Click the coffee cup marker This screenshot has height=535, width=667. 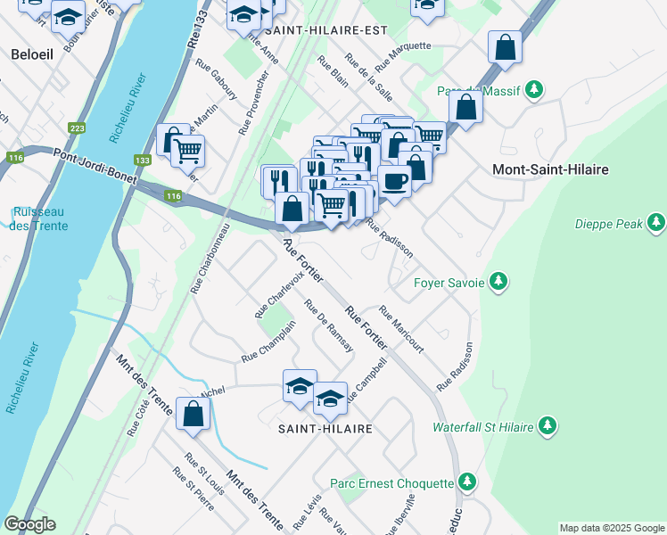pyautogui.click(x=394, y=180)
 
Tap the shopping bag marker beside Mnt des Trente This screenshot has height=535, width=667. pyautogui.click(x=193, y=414)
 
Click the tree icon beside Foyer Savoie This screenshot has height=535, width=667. pyautogui.click(x=498, y=283)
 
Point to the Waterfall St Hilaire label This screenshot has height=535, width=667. pyautogui.click(x=482, y=427)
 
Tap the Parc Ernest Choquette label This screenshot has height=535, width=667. pyautogui.click(x=391, y=483)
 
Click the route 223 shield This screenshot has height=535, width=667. pyautogui.click(x=78, y=129)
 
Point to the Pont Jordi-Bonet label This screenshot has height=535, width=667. pyautogui.click(x=94, y=168)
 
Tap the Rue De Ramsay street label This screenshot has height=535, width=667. pyautogui.click(x=329, y=325)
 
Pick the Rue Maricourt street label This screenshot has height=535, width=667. pyautogui.click(x=400, y=329)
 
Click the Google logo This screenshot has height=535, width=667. pyautogui.click(x=29, y=524)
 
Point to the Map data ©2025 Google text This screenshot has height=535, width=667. pyautogui.click(x=611, y=528)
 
